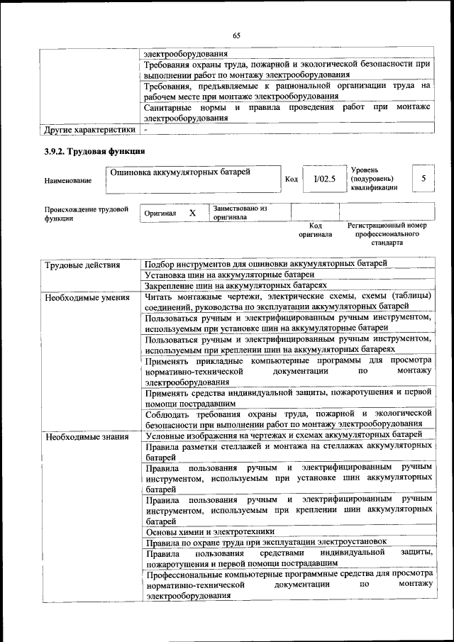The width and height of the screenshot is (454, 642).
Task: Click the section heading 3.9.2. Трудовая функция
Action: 95,151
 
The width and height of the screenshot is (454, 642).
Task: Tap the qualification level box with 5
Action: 423,179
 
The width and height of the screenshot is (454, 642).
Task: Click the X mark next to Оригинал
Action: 192,213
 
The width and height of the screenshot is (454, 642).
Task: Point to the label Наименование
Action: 68,181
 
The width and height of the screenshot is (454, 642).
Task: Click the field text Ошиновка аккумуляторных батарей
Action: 182,172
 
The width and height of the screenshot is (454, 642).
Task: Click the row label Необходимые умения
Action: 87,297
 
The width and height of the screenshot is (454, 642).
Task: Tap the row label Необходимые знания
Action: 87,436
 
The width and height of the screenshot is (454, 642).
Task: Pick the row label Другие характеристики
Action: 89,131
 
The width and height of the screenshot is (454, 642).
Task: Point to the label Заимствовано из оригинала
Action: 240,213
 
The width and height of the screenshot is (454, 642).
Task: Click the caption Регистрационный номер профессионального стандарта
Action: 387,234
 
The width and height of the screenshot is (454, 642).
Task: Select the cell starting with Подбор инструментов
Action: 265,263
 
